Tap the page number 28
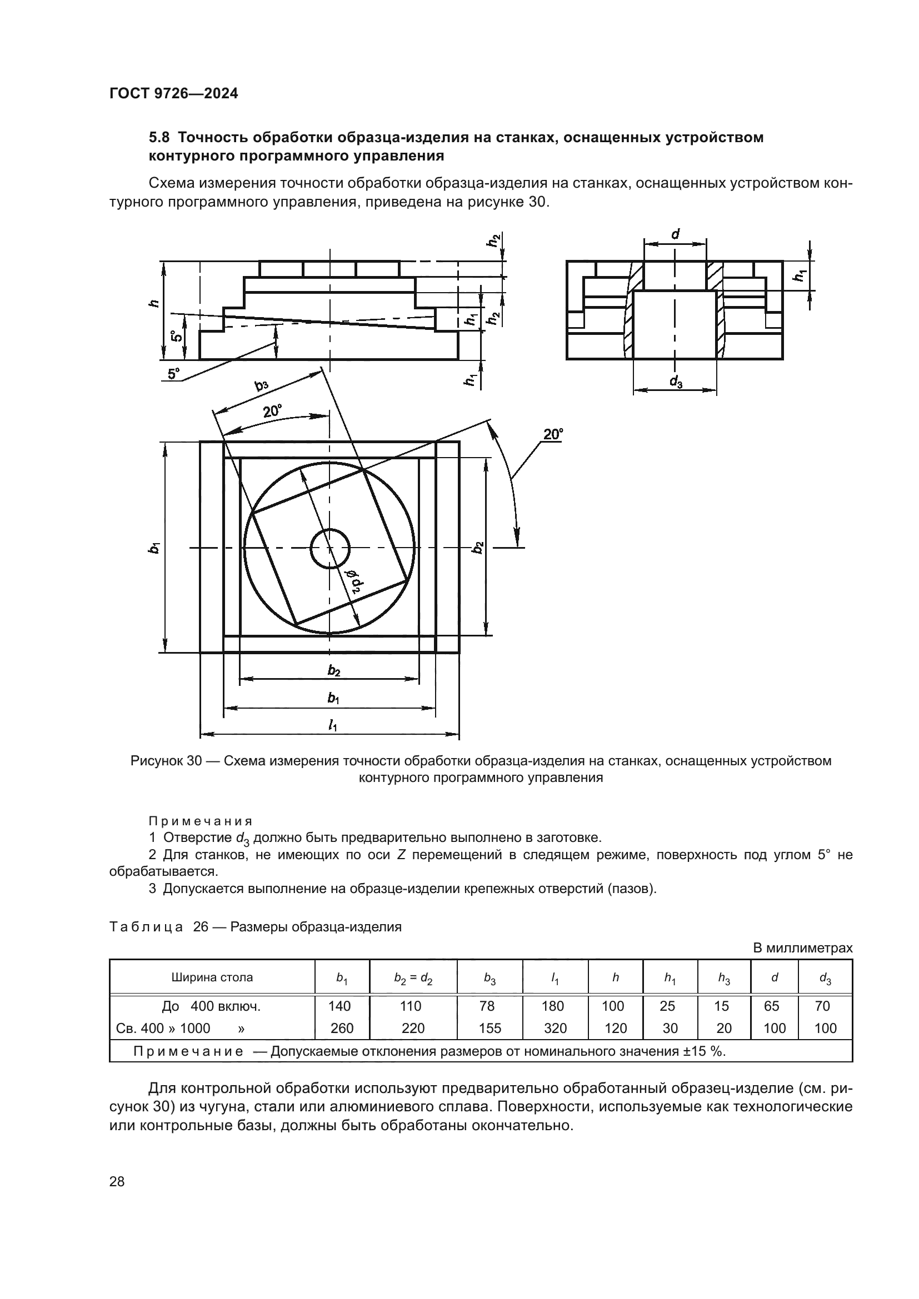point(117,1181)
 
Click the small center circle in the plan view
point(331,548)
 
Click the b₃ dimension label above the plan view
point(261,386)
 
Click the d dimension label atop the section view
point(675,234)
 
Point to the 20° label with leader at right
point(553,434)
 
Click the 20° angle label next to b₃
point(272,412)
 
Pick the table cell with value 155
point(490,1028)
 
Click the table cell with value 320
point(555,1028)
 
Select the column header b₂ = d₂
point(413,977)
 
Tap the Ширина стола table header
point(212,977)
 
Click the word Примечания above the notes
point(201,821)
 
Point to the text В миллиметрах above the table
point(802,947)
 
